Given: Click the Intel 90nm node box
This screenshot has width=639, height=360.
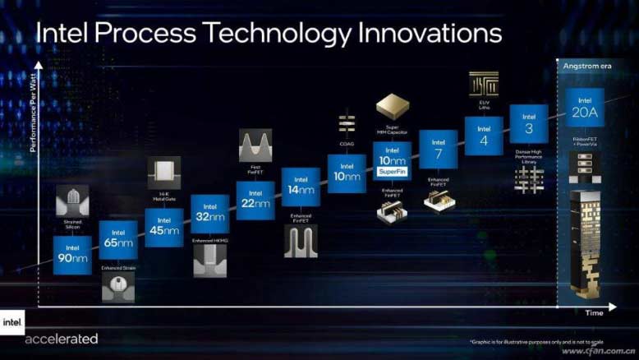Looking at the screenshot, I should [72, 254].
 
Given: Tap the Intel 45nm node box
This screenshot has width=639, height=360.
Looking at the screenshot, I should [163, 227].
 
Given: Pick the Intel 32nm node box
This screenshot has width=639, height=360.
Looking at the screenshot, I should [209, 214].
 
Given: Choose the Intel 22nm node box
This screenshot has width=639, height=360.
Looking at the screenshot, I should [255, 200].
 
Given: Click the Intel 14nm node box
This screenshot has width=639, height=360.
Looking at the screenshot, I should [301, 187].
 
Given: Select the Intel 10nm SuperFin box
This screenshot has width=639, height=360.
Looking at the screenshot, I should [392, 161].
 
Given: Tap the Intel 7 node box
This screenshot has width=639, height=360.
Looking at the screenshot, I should [439, 149].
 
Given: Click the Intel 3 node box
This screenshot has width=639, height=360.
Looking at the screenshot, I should [529, 123].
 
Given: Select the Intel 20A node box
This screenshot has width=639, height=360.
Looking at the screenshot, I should [584, 108].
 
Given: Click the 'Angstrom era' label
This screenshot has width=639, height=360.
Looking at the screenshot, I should [585, 65].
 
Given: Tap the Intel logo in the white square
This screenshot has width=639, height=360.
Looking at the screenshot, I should [11, 322].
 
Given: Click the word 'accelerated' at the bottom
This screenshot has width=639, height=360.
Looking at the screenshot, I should [62, 339].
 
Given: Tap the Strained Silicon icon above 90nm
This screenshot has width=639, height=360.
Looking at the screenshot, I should [72, 201].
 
